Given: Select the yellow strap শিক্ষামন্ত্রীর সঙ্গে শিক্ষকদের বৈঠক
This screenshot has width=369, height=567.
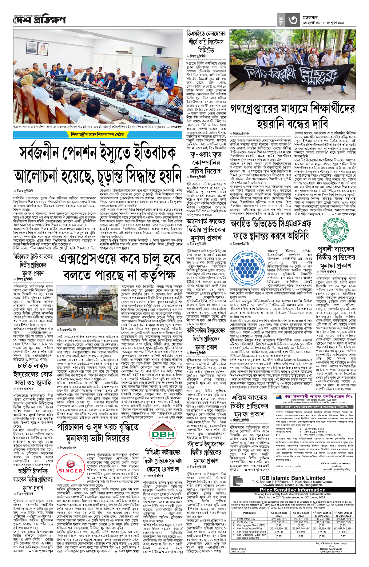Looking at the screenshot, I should click(97, 134).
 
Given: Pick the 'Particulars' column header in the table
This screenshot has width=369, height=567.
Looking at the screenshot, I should click(249, 513).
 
